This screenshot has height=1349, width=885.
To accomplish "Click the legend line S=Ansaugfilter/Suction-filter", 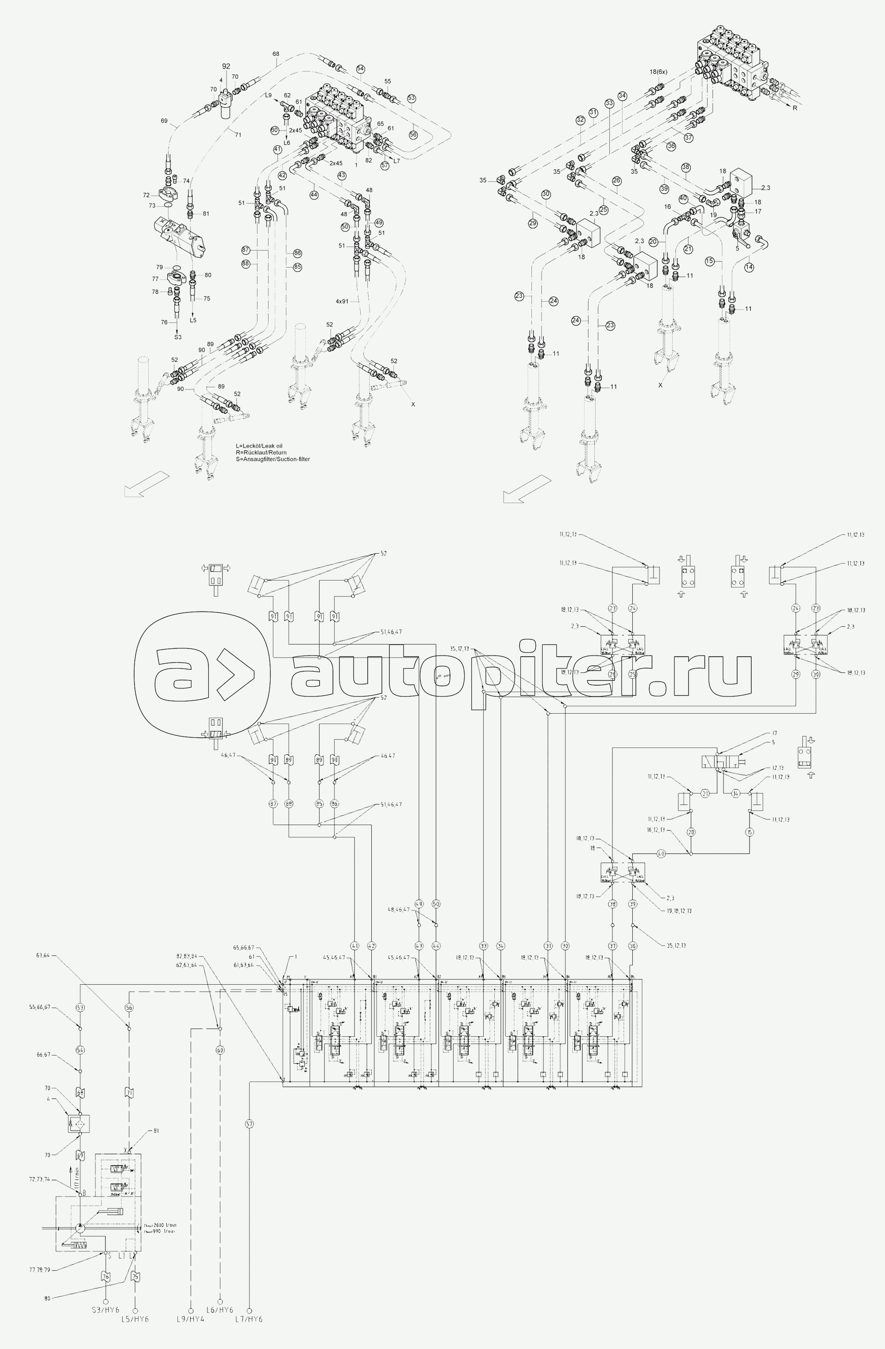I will pos(273,459).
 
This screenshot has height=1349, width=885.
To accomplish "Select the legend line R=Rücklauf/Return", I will pos(261,452).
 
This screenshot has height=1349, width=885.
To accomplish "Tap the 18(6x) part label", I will pos(658,72).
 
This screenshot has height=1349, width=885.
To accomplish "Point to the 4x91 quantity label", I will pos(342,302).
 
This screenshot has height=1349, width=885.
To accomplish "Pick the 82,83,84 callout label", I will pos(187,957).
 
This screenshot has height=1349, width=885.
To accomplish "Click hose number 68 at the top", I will pos(276,54).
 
